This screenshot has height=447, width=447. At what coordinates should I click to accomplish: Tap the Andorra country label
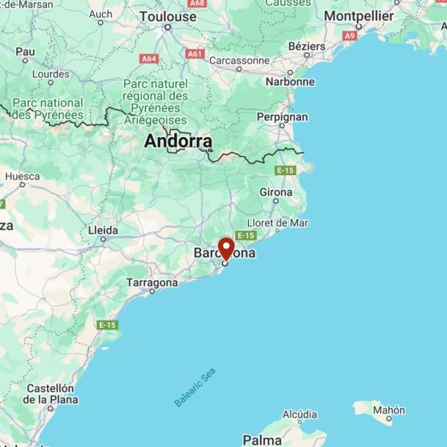pos(178,141)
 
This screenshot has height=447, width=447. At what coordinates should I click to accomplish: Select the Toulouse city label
pos(168,16)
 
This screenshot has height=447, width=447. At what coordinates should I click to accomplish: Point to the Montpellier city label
pos(359,16)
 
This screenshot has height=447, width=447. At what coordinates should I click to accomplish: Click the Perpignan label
pos(282,117)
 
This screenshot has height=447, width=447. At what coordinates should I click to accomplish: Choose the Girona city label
pos(276,192)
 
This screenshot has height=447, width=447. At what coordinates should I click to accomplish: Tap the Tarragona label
pos(152,283)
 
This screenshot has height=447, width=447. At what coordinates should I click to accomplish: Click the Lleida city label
pos(103,229)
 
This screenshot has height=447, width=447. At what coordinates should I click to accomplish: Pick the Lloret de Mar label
pos(277,223)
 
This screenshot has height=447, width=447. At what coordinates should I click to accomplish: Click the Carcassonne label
pos(239,60)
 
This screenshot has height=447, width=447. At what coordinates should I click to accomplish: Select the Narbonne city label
pos(289,82)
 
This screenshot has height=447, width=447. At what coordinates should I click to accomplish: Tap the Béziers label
pos(307,46)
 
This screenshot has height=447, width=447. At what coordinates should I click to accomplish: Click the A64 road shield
pos(149,58)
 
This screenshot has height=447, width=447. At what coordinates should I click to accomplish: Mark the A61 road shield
pos(195,54)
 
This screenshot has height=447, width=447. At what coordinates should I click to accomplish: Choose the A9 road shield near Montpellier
pos(350,35)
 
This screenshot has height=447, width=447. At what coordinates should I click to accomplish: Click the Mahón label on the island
pos(390,410)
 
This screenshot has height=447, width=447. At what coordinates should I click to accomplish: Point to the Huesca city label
pos(22,177)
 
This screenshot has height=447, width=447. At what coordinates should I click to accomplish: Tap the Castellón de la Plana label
pos(51,393)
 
